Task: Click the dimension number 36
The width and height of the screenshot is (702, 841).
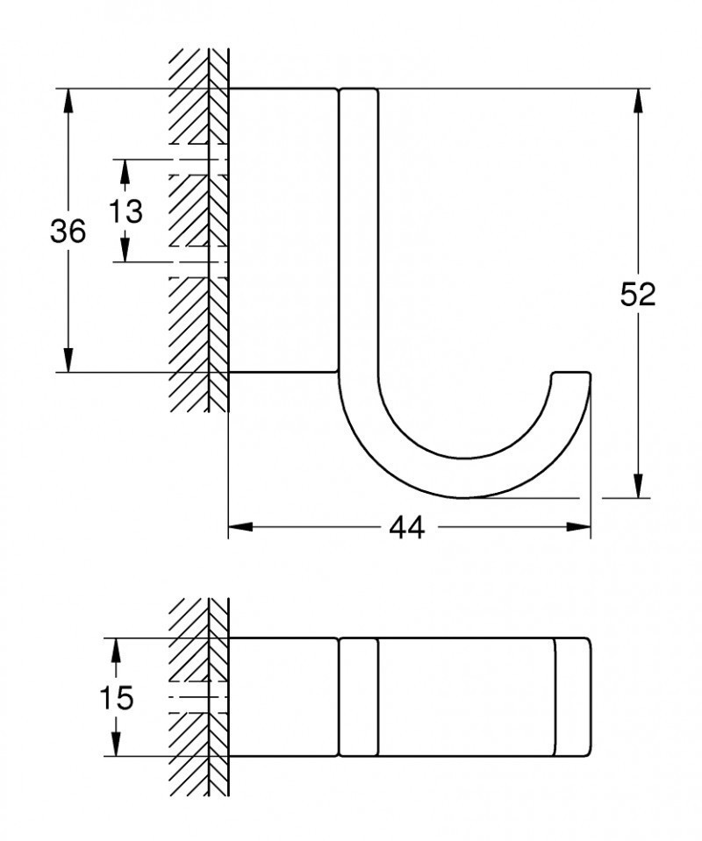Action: tap(68, 232)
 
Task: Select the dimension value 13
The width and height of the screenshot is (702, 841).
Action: tap(125, 211)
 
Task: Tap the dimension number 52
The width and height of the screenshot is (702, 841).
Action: tap(638, 295)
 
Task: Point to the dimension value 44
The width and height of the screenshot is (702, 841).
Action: tap(406, 527)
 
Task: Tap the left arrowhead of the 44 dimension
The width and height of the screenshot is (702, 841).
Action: tap(240, 527)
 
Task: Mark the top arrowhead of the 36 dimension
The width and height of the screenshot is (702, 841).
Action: tap(68, 99)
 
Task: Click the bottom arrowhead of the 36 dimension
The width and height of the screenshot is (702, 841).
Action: tap(68, 360)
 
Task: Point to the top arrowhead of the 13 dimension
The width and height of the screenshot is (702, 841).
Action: tap(125, 170)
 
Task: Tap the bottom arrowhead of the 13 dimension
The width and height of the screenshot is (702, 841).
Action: tap(125, 251)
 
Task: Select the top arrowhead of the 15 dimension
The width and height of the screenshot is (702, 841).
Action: tap(115, 649)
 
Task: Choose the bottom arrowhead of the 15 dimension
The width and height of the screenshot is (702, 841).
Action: tap(115, 745)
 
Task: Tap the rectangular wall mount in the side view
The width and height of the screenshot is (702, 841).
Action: tap(283, 230)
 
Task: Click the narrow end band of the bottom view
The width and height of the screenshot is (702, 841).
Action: tap(572, 696)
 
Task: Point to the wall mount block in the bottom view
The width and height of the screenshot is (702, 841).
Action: tap(283, 696)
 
